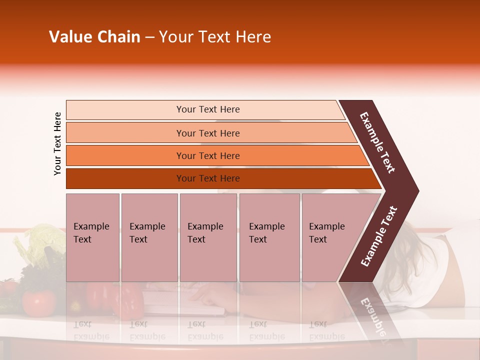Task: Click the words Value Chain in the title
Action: [94, 37]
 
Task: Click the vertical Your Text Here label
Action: [57, 143]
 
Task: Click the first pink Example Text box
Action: [92, 237]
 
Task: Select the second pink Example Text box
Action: [149, 237]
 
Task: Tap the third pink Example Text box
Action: [208, 237]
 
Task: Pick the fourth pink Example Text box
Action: [269, 237]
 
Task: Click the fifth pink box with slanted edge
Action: [332, 237]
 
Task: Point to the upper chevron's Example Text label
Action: [377, 142]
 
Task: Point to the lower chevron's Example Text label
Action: [379, 236]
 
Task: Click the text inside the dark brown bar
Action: [208, 178]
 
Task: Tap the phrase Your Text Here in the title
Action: [215, 37]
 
